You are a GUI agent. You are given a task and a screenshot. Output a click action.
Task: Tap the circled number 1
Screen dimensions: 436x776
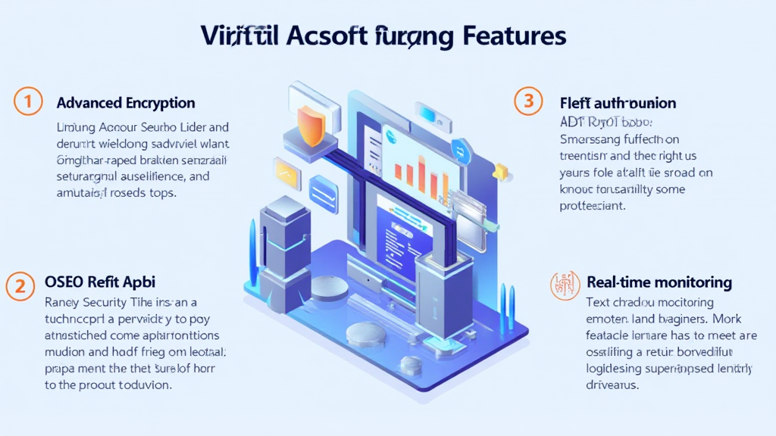click(27, 102)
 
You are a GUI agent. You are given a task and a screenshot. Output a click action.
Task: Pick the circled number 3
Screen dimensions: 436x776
click(528, 101)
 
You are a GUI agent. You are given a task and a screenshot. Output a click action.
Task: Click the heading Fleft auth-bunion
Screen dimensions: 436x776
click(618, 102)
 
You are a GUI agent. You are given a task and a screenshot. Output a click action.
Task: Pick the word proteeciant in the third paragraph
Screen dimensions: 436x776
click(592, 205)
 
